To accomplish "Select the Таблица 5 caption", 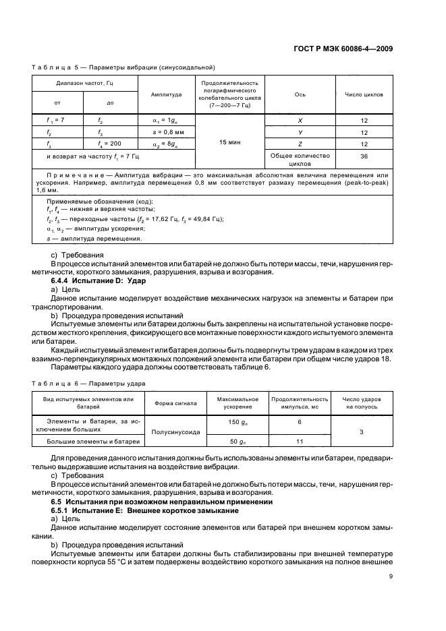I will click(x=123, y=67).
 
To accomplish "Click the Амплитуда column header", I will click(x=166, y=94).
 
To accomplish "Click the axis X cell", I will click(x=299, y=119).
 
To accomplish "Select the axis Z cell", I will click(x=299, y=144).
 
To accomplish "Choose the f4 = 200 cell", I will click(x=110, y=144).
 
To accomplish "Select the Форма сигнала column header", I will click(x=175, y=403).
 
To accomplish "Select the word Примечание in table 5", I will click(x=69, y=175).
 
